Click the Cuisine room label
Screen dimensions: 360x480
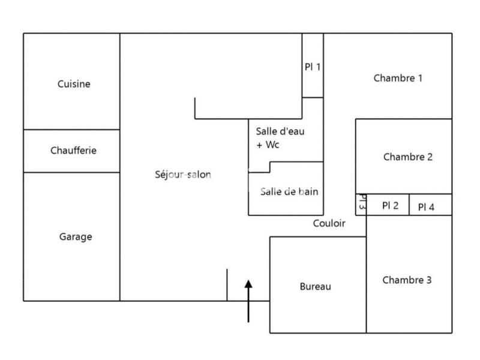click(x=74, y=84)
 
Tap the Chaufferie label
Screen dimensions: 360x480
click(x=74, y=151)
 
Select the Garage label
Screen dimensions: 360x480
click(x=76, y=236)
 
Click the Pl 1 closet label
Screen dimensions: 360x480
click(x=312, y=67)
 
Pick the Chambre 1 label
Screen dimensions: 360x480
click(x=398, y=78)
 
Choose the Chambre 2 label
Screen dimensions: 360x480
click(x=407, y=157)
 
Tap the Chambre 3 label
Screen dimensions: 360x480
click(x=406, y=280)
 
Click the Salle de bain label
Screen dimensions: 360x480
click(x=289, y=191)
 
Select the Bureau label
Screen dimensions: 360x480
click(x=315, y=287)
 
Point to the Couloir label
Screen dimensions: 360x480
click(x=329, y=223)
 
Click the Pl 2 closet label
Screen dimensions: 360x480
click(x=390, y=205)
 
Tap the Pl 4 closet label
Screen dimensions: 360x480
click(x=426, y=207)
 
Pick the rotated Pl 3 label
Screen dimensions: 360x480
click(x=362, y=202)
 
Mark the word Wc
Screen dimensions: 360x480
click(x=272, y=145)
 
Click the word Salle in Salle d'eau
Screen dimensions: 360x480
click(x=266, y=131)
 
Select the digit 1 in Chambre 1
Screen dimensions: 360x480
click(x=420, y=78)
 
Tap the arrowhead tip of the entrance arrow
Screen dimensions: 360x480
click(x=248, y=281)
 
